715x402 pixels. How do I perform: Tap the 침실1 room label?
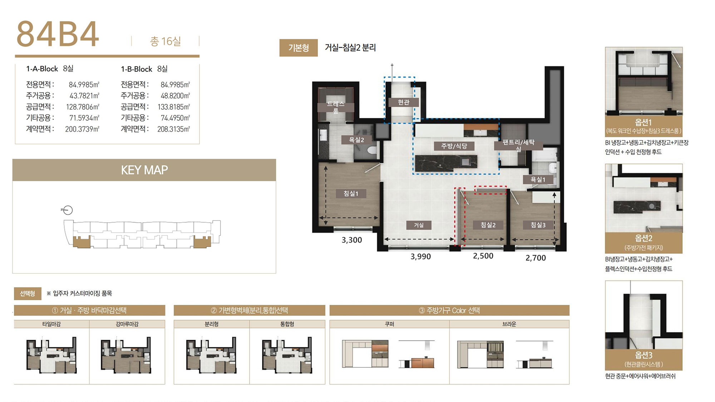[351, 193]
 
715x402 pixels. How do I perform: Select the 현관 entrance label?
[404, 102]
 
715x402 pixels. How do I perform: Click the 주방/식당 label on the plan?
[454, 146]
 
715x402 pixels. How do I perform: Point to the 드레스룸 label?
[336, 107]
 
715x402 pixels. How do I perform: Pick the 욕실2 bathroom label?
[356, 140]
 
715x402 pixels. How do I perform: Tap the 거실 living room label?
[419, 225]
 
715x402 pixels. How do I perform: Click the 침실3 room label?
[538, 225]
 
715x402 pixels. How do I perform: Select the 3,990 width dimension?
[421, 257]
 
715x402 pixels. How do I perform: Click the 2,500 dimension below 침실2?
[483, 256]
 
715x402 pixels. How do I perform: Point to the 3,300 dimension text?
[352, 240]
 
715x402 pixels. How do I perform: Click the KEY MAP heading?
[144, 170]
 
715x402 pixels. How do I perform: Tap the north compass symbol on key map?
[67, 210]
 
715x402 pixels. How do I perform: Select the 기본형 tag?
[299, 48]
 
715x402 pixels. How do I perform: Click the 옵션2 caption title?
[643, 238]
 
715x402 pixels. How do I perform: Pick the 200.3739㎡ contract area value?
[82, 129]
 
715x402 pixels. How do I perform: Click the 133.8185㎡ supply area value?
[174, 107]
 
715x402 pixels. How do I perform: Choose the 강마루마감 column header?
[127, 324]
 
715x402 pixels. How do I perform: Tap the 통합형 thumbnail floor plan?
[287, 355]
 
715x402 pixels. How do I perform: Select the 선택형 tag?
[28, 294]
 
